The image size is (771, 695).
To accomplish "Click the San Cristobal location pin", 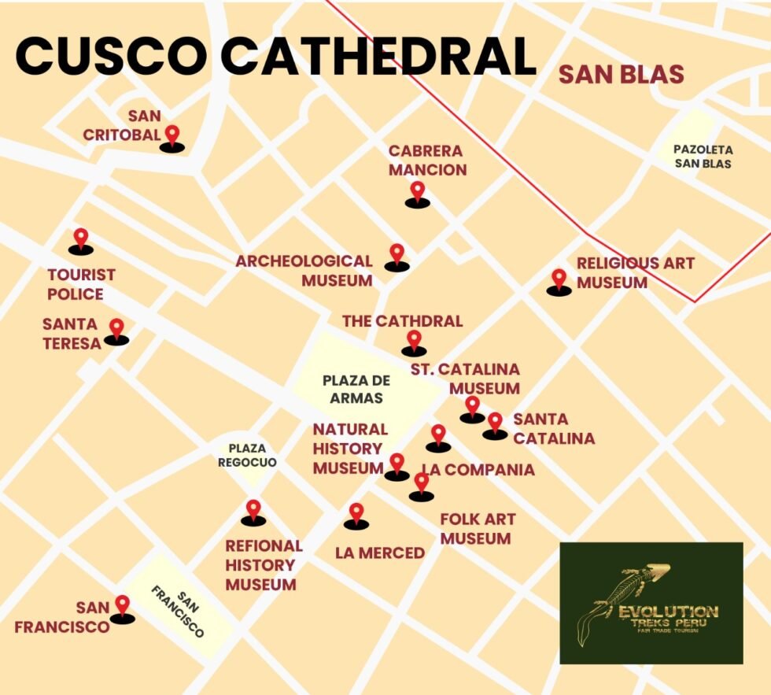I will pos(172,136).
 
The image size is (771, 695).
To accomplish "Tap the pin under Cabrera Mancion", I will pos(417,192).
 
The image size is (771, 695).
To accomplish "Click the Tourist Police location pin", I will pos(80,239).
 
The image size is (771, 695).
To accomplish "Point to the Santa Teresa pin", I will pos(116,329).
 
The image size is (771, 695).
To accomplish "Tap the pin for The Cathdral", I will pos(414,342).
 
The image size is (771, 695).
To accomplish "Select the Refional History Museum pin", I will pos(253,511).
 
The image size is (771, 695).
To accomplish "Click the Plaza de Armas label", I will pos(356,389).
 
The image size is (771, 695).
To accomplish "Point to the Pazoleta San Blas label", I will pos(703,157).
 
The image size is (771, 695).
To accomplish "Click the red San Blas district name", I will pos(621,75).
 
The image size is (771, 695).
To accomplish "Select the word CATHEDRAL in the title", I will pos(378,56).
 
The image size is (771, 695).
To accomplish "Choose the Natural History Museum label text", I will pos(349,449).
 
